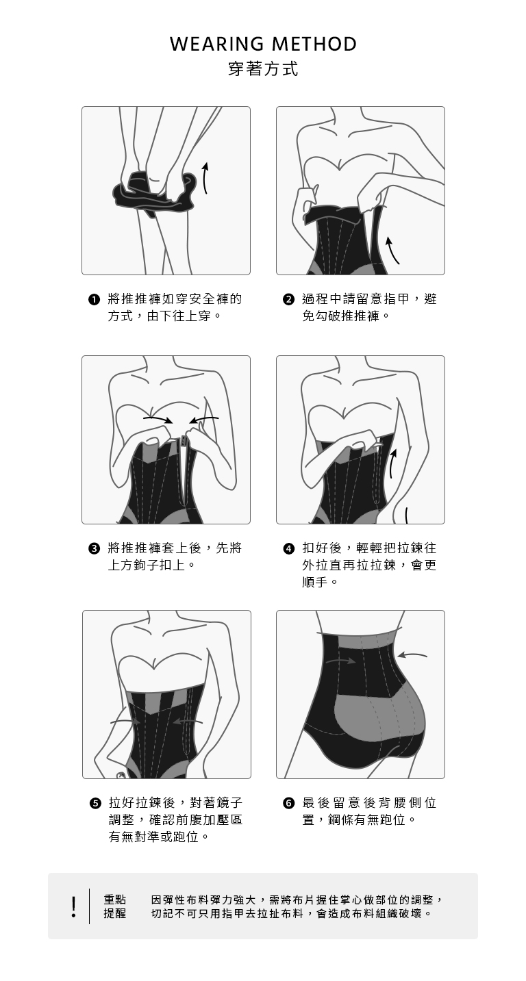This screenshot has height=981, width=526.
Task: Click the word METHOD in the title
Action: point(314,44)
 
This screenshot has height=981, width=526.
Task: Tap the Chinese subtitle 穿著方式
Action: point(263,68)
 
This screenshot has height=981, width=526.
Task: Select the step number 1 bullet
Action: point(93,301)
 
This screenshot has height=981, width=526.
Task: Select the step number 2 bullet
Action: point(288,301)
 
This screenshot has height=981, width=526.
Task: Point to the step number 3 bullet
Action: point(93,549)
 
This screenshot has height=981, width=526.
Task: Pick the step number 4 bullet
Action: point(288,549)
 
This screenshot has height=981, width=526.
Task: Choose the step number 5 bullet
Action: point(94,804)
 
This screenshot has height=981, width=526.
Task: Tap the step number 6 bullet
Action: point(288,804)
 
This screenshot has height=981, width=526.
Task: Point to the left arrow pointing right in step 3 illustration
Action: point(158,420)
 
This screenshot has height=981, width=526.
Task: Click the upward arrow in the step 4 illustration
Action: point(392,463)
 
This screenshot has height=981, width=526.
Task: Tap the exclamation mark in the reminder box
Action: point(73,906)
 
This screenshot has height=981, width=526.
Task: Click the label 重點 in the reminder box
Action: point(115,900)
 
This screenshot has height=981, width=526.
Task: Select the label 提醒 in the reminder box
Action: point(115,913)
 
